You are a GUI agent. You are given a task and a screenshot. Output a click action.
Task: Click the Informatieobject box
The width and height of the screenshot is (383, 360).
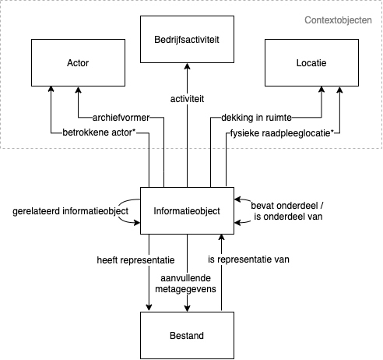point(187,210)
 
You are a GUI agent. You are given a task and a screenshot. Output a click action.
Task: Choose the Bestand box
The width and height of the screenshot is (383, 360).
point(187,336)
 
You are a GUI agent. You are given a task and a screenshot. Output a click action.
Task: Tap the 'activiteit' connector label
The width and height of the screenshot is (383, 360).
point(187,100)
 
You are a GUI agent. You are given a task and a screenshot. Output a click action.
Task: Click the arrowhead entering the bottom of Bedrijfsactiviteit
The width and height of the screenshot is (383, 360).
point(187,67)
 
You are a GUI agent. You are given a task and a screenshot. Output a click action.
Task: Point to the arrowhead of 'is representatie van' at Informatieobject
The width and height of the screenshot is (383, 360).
point(222,238)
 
